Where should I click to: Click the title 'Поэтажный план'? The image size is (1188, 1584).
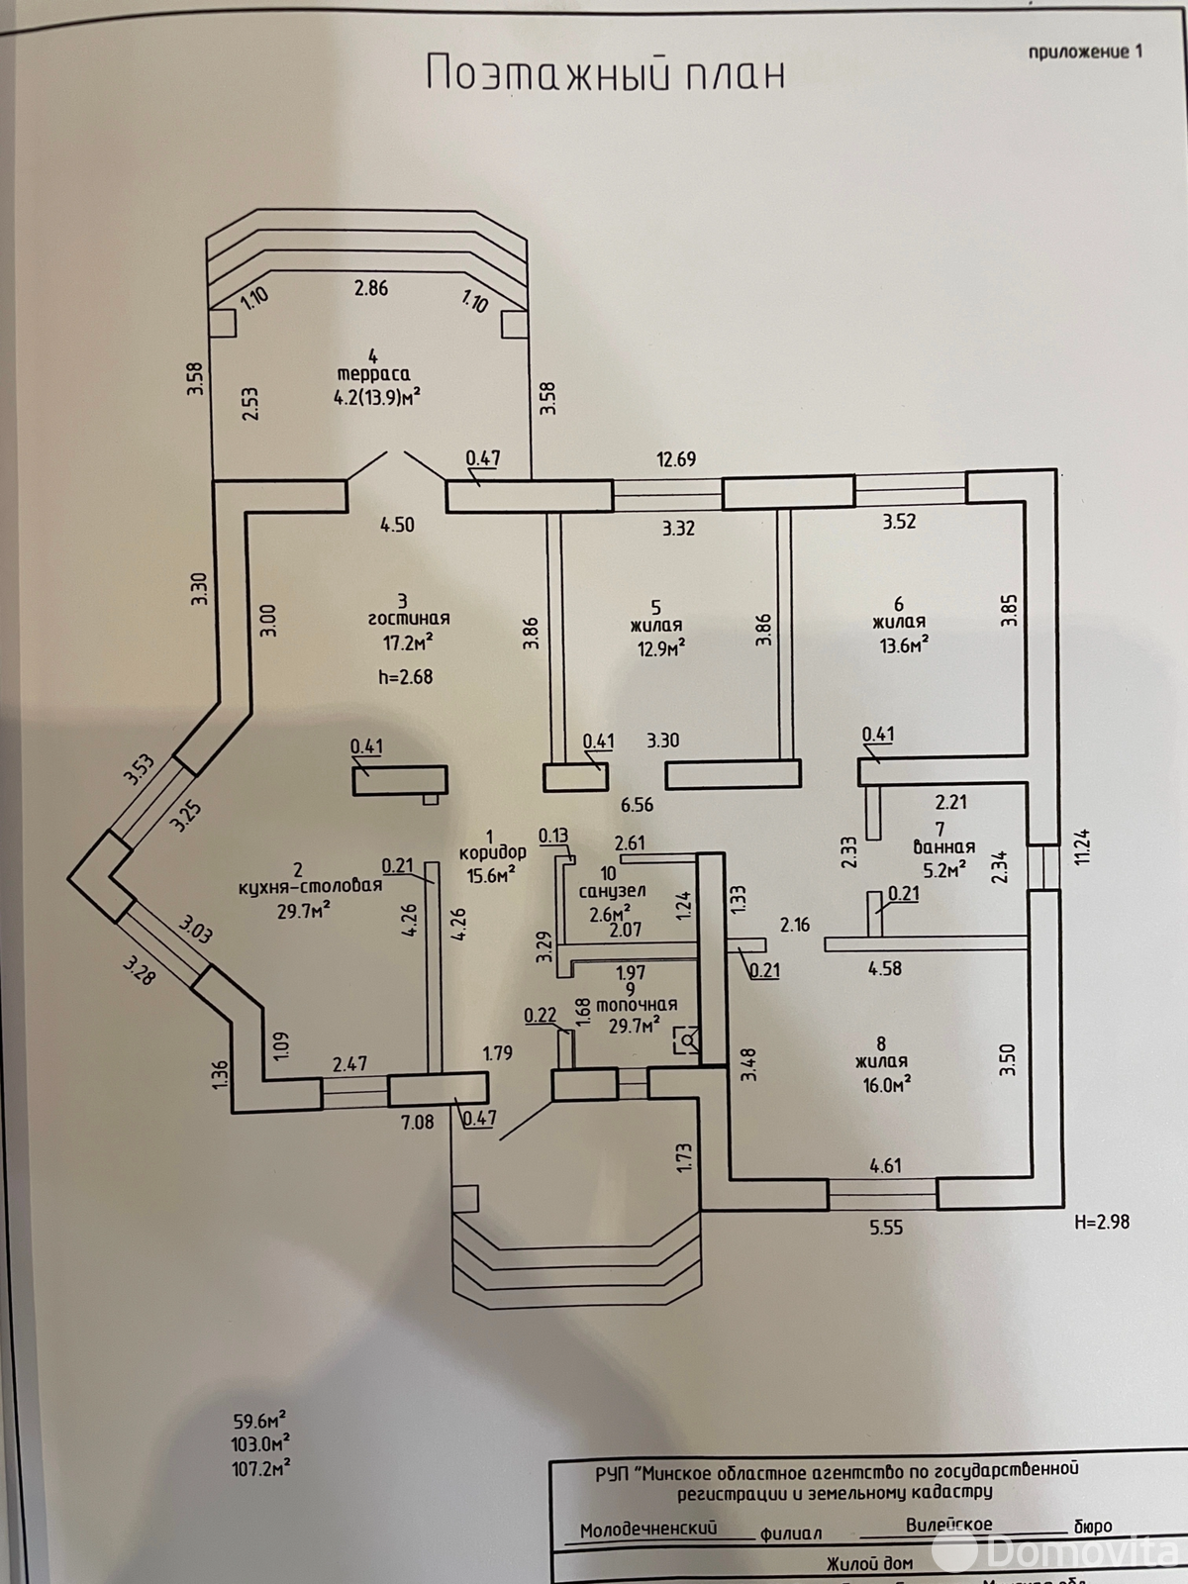[605, 73]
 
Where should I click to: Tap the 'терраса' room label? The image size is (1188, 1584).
[373, 374]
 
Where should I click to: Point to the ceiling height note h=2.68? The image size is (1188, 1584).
[405, 677]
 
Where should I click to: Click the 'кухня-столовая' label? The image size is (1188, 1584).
[310, 886]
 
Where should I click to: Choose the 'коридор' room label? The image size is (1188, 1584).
[492, 852]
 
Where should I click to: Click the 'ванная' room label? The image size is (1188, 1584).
[942, 847]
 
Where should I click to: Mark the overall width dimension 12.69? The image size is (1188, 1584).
[676, 458]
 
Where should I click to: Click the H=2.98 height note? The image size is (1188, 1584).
[1101, 1222]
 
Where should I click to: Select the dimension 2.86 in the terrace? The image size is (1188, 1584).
[371, 289]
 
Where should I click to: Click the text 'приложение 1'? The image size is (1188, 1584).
[1085, 51]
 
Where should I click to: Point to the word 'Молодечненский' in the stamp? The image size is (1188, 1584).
[648, 1530]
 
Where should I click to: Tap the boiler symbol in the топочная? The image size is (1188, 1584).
[686, 1040]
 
